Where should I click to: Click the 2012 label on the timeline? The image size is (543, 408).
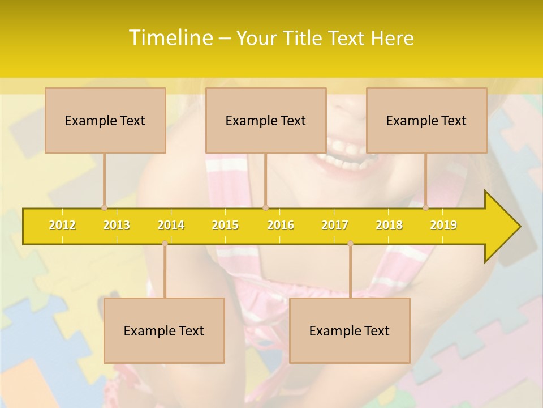[x=62, y=225]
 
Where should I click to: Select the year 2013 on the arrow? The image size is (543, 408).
[x=117, y=225]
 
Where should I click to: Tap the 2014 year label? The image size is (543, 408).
[x=171, y=225]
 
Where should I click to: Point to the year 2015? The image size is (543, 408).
[x=225, y=225]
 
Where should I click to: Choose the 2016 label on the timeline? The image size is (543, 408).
[x=281, y=225]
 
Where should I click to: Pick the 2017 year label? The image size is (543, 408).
[x=335, y=225]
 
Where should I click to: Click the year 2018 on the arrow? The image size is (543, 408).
[x=389, y=225]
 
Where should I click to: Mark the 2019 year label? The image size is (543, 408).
[x=443, y=225]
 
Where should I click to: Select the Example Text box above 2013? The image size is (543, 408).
[x=105, y=120]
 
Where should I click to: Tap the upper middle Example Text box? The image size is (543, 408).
[x=266, y=120]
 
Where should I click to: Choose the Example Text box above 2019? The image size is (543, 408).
[x=426, y=120]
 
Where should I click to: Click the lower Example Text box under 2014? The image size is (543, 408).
[x=164, y=330]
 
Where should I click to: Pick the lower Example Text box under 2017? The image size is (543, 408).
[x=350, y=330]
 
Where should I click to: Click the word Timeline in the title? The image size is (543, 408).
[x=170, y=38]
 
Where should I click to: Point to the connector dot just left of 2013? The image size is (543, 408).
[x=104, y=207]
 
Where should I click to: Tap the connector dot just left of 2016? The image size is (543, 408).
[x=265, y=207]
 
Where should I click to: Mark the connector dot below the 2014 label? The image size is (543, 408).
[x=165, y=243]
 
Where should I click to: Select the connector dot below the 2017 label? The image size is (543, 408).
[x=350, y=243]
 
